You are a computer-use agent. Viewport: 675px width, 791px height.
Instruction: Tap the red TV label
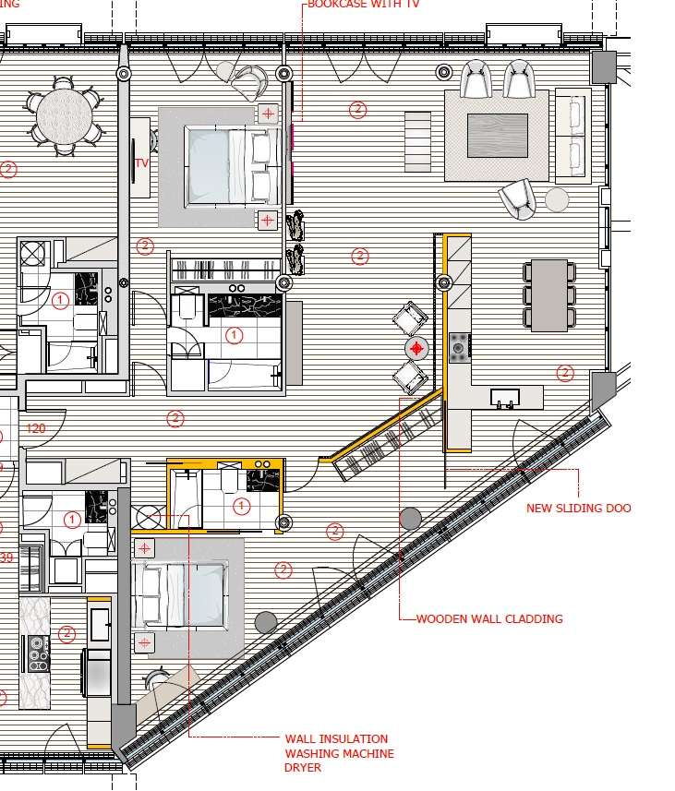pos(141,163)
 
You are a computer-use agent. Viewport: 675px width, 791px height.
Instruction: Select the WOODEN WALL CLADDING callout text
pos(488,619)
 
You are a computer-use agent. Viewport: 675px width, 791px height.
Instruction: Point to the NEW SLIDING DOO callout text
pos(578,509)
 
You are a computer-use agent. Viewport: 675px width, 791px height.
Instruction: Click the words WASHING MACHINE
pos(339,754)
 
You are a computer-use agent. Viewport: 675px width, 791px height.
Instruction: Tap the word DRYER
pos(302,768)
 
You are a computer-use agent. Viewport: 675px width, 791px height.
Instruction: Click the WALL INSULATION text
pos(336,739)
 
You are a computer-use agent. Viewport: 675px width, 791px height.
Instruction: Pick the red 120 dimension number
pos(36,428)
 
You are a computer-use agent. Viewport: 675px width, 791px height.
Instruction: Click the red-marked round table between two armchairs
pos(417,348)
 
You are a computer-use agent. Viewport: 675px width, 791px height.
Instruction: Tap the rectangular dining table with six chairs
pos(551,294)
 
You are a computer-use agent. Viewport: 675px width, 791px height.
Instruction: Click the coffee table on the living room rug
pos(497,135)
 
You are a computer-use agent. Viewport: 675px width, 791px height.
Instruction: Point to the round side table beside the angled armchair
pos(557,199)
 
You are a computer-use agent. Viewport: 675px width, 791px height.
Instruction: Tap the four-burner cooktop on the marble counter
pos(38,653)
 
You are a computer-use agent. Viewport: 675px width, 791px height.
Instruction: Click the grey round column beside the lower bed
pos(266,621)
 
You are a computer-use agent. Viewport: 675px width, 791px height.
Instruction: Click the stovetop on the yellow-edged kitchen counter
pos(459,347)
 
